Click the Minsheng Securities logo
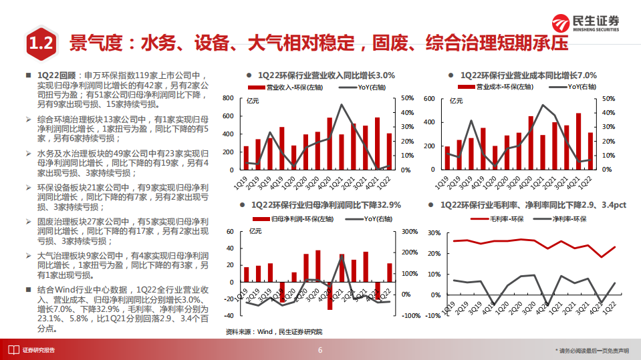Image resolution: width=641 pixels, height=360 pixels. pos(585,23)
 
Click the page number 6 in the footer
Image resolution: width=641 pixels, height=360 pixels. pos(320,350)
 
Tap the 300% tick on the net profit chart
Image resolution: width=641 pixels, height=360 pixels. pos(408,232)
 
